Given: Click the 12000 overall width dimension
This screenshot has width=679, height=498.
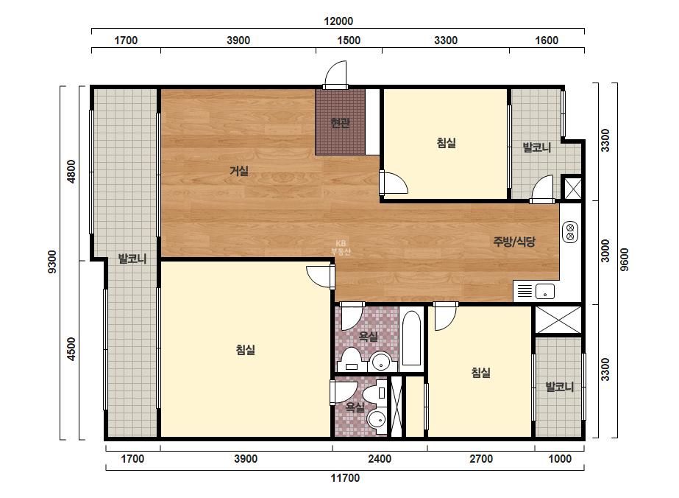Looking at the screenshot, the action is click(338, 21).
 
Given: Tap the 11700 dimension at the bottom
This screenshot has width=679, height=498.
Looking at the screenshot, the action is click(345, 478).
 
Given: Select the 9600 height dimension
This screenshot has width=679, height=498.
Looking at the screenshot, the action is click(624, 260).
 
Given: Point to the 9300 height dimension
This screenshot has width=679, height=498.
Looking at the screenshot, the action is click(52, 262).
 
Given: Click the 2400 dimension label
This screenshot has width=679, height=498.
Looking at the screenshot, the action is click(380, 459).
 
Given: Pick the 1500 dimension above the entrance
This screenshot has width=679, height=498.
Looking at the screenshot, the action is click(349, 41).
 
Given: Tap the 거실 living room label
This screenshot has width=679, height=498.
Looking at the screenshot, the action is click(239, 171).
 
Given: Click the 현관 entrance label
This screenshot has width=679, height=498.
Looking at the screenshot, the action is click(340, 123).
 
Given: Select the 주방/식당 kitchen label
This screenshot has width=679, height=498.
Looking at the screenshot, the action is click(514, 241).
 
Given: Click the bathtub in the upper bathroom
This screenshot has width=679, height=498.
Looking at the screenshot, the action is click(411, 338).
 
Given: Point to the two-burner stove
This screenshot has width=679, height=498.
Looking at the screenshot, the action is click(570, 231).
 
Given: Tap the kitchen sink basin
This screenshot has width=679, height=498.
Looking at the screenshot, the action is click(545, 291).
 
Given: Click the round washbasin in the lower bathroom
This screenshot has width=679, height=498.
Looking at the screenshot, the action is click(377, 419).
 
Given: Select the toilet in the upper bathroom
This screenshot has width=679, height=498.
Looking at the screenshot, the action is click(352, 359).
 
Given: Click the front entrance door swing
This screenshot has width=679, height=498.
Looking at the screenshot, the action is click(336, 74).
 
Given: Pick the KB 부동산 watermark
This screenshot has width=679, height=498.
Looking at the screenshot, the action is click(341, 248).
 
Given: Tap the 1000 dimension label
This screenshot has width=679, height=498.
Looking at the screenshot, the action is click(560, 459).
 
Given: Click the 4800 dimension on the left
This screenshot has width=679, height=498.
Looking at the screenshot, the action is click(71, 172).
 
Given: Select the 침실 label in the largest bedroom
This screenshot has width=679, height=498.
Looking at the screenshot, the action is click(246, 350).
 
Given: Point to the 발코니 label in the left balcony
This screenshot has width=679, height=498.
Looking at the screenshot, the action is click(132, 259).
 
